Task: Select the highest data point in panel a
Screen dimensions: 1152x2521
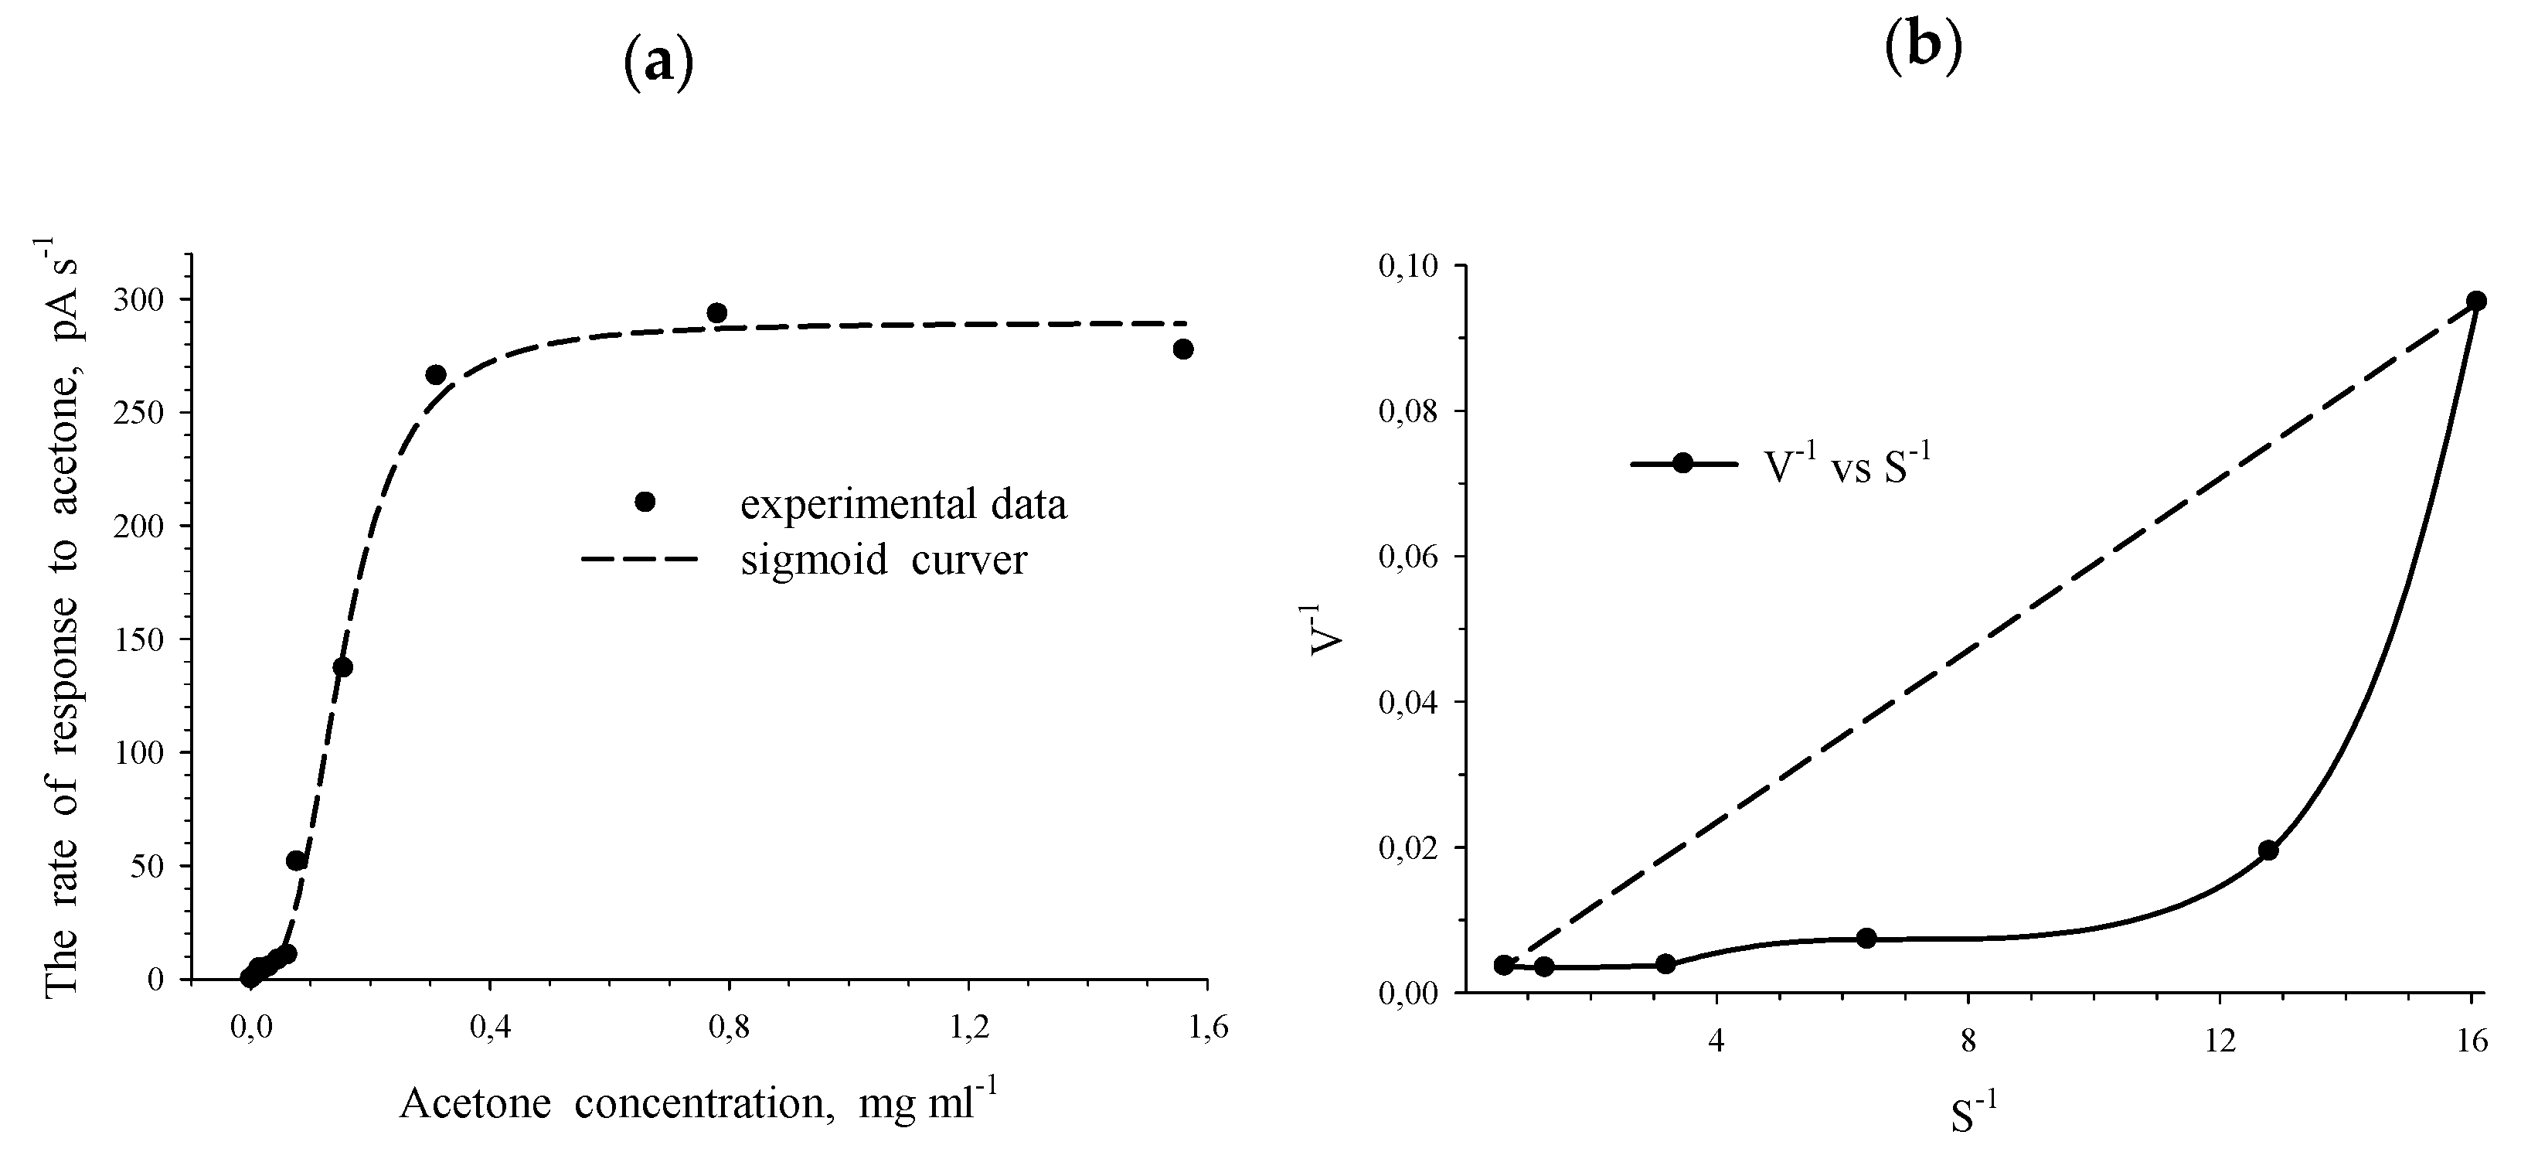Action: [716, 313]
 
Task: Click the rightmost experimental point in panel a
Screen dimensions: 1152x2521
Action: [1183, 349]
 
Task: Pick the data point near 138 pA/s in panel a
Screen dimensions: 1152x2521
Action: [342, 667]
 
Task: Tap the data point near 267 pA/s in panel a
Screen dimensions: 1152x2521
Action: [437, 375]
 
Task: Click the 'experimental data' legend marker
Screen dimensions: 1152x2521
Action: [645, 502]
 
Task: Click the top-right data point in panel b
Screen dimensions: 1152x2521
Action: [2477, 301]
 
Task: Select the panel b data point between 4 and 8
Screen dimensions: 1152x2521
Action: [1866, 938]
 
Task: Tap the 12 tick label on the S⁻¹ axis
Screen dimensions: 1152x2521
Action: [2220, 1041]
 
